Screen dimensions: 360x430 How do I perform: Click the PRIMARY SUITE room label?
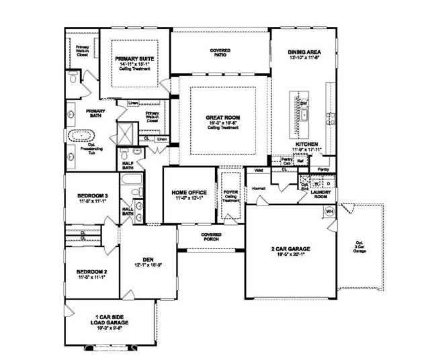[135, 59]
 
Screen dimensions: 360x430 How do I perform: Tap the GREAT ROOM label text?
[222, 118]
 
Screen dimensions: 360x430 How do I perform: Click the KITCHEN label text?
[306, 144]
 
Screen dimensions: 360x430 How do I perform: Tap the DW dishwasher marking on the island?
[304, 103]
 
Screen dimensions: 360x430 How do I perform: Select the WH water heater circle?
[329, 211]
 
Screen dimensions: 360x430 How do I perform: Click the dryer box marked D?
[328, 182]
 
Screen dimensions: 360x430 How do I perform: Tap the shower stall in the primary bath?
[126, 132]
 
